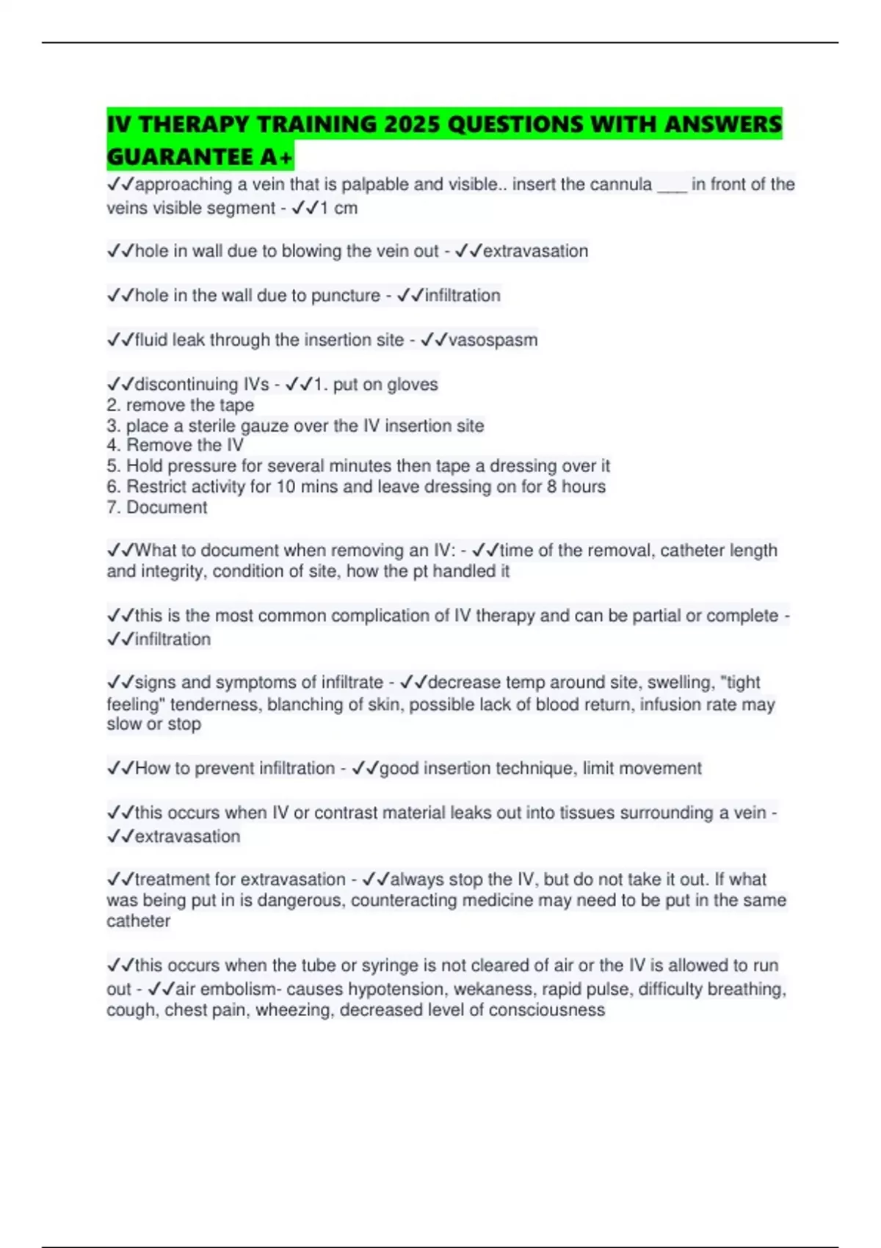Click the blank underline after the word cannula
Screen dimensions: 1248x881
click(672, 185)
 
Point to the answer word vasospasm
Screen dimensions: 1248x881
click(493, 340)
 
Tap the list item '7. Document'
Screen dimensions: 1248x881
click(157, 507)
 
